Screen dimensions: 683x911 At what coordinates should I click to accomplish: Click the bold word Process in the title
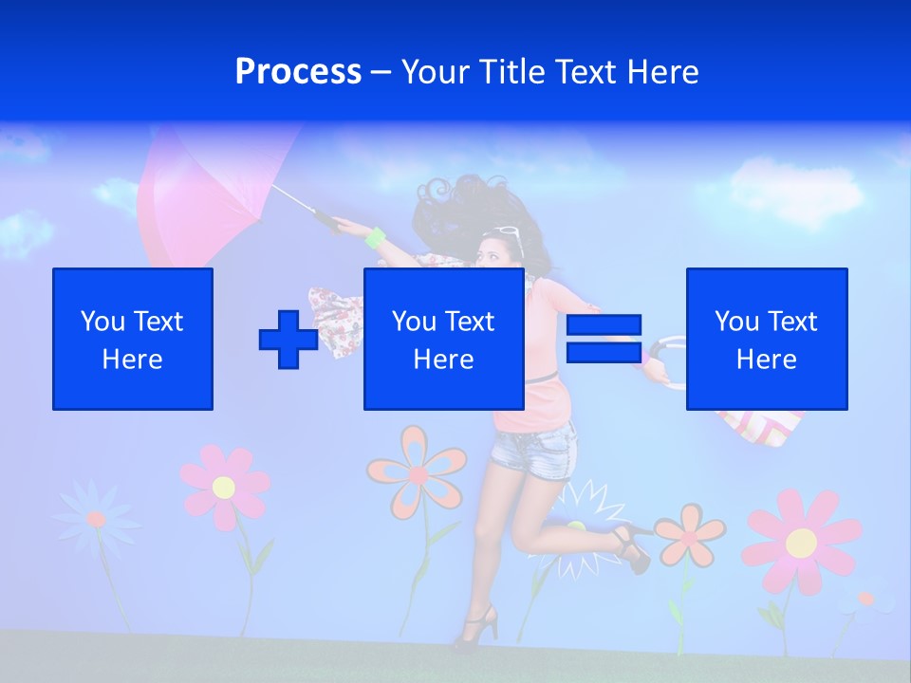pyautogui.click(x=298, y=72)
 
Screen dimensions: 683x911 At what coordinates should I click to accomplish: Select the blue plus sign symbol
pyautogui.click(x=288, y=339)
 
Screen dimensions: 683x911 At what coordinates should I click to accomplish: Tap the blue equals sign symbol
pyautogui.click(x=604, y=339)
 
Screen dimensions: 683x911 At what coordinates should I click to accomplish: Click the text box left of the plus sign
pyautogui.click(x=133, y=339)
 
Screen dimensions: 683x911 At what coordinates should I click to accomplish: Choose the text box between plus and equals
pyautogui.click(x=444, y=339)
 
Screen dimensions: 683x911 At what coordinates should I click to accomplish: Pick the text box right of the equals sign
pyautogui.click(x=767, y=339)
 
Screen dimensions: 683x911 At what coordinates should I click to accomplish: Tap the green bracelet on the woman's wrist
pyautogui.click(x=376, y=237)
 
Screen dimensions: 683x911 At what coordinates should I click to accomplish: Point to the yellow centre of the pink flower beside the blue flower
pyautogui.click(x=224, y=488)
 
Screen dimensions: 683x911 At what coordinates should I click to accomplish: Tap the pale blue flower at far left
pyautogui.click(x=95, y=517)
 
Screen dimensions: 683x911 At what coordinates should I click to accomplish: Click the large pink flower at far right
pyautogui.click(x=801, y=542)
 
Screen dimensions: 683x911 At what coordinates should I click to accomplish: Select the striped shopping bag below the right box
pyautogui.click(x=759, y=427)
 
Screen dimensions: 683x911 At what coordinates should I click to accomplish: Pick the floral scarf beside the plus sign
pyautogui.click(x=337, y=318)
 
